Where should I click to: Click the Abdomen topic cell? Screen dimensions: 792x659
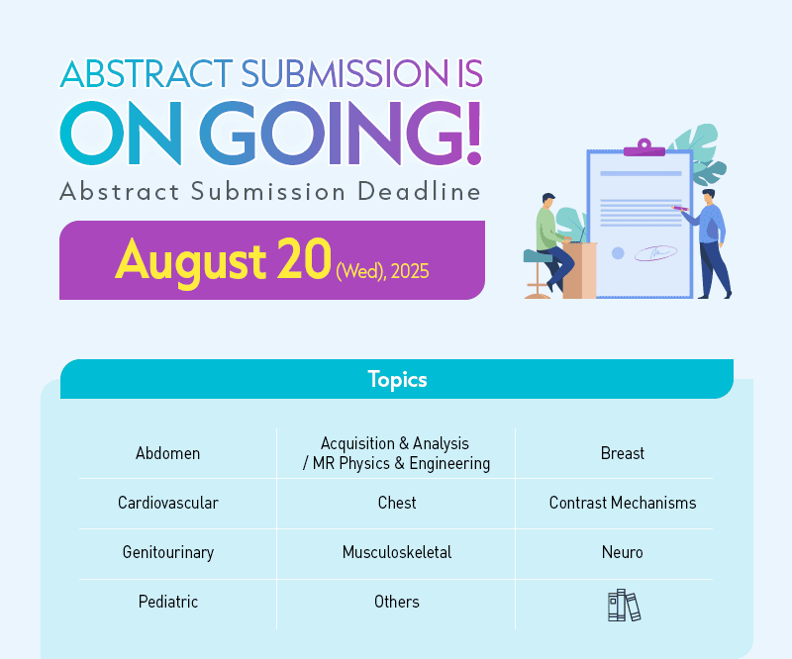click(x=167, y=453)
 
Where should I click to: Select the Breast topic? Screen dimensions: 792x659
click(x=623, y=453)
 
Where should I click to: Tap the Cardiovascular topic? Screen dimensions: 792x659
click(x=168, y=503)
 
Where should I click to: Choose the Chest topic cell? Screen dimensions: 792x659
click(x=397, y=503)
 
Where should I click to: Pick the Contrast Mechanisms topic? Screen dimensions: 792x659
click(x=623, y=503)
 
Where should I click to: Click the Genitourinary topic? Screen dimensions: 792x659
click(x=168, y=552)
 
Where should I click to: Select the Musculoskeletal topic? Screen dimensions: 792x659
click(x=397, y=552)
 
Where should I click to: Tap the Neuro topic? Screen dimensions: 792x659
click(x=623, y=552)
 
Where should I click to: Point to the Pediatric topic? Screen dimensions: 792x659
click(x=168, y=602)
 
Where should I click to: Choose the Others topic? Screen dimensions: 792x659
click(x=397, y=602)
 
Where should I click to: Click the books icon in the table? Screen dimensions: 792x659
click(x=624, y=605)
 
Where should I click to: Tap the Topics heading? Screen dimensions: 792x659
click(x=398, y=380)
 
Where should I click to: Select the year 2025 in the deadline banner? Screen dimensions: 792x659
click(x=410, y=271)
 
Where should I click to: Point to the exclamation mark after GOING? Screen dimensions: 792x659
click(x=474, y=133)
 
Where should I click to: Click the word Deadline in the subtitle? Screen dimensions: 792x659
click(x=419, y=191)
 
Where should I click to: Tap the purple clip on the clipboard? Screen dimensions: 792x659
click(x=644, y=148)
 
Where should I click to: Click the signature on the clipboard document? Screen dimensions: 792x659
click(x=655, y=252)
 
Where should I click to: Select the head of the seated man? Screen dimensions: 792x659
click(x=548, y=200)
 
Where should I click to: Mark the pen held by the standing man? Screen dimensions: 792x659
click(x=680, y=208)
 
